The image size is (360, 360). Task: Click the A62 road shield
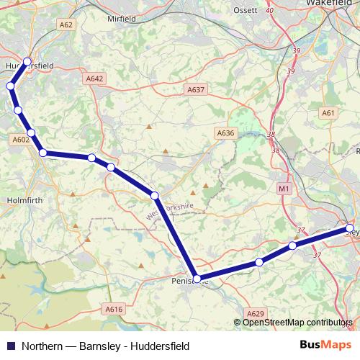66,24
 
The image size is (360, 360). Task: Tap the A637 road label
196,90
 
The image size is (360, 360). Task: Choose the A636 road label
226,133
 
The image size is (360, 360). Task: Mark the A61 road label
329,113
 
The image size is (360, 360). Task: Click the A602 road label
20,140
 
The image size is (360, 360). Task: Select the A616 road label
114,309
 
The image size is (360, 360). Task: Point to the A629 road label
255,314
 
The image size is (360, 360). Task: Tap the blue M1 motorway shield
283,189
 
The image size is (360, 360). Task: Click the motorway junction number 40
269,11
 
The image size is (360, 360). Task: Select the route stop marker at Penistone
197,279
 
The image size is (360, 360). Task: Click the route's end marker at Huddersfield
27,62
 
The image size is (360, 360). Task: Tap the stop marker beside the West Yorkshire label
155,195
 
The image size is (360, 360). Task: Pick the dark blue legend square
10,346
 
